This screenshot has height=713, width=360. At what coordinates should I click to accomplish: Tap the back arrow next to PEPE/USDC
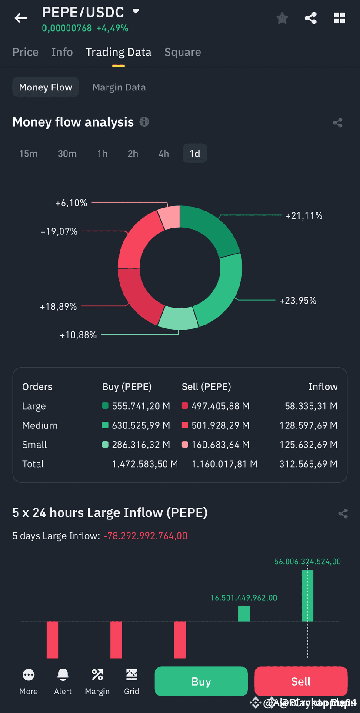point(20,18)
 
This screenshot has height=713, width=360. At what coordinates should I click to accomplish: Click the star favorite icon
point(282,18)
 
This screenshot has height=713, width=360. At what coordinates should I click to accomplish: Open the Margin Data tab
point(119,87)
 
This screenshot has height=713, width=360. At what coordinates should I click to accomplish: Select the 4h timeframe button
point(163,154)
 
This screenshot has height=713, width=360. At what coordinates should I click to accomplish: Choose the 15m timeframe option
point(28,154)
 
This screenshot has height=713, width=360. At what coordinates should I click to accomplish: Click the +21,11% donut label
point(303,216)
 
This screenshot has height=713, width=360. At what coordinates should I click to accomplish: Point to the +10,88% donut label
point(78,335)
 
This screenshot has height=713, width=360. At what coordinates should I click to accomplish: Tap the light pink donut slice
point(170,218)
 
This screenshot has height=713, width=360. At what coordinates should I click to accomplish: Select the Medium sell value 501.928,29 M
point(220,425)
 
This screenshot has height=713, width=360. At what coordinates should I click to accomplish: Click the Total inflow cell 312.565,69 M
point(308,464)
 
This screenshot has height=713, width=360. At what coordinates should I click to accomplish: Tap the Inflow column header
point(323,387)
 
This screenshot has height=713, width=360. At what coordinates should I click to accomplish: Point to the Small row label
point(34,445)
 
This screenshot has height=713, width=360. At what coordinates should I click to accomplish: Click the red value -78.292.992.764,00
point(145,536)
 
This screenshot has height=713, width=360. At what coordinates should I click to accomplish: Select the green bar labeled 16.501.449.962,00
point(243,613)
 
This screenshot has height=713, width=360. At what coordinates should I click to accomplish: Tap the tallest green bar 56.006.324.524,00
point(307,595)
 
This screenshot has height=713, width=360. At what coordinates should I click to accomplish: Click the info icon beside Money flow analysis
point(144,122)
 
